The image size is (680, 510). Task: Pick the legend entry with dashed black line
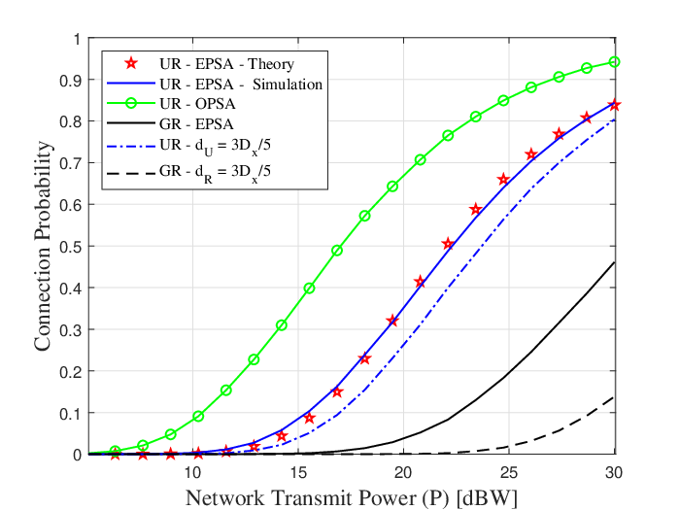[188, 172]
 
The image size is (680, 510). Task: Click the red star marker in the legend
[131, 64]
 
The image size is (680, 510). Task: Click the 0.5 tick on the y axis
[70, 247]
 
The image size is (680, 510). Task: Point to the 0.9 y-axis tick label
[70, 80]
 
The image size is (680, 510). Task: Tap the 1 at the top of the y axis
[77, 40]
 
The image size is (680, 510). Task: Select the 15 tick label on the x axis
[298, 472]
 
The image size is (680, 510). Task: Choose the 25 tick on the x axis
[509, 472]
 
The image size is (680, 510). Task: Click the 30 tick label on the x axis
[614, 472]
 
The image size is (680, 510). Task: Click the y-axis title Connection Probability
[43, 246]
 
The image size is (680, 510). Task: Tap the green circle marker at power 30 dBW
[614, 62]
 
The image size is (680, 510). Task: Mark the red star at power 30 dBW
[614, 105]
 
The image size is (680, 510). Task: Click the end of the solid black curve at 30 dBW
[615, 262]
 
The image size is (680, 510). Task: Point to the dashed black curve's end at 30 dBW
[615, 396]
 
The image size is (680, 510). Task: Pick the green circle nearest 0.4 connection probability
[309, 288]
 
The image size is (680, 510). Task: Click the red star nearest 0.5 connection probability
[448, 244]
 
